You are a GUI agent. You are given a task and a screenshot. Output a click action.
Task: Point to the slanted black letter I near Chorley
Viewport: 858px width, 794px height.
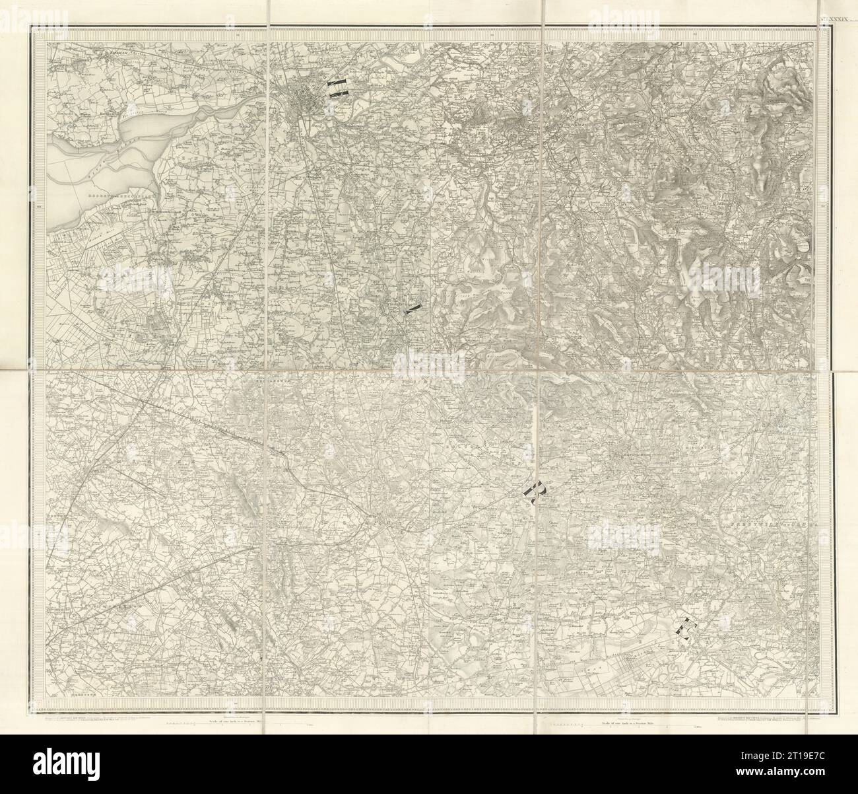point(413,308)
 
